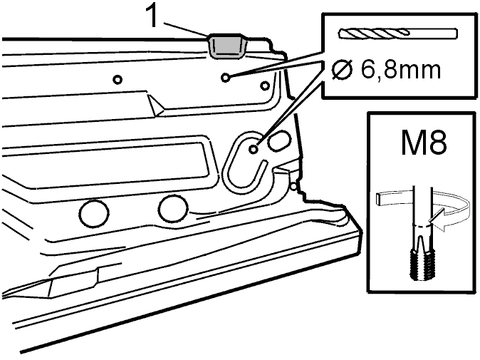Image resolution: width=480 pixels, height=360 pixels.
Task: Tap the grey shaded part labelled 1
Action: (227, 46)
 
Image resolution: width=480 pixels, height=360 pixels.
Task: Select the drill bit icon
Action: (398, 33)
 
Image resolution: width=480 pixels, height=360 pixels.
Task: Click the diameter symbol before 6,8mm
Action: (343, 70)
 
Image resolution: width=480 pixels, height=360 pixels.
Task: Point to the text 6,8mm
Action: (401, 71)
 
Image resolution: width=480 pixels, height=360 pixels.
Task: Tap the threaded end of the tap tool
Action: (422, 264)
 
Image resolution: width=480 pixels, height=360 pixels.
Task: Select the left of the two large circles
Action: (94, 214)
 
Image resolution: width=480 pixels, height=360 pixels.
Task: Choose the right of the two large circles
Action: (173, 210)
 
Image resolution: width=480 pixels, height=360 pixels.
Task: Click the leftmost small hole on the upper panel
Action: (118, 80)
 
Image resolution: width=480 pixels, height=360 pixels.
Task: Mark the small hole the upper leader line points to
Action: (226, 78)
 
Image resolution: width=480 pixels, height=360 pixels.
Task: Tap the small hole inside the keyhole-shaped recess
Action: (253, 150)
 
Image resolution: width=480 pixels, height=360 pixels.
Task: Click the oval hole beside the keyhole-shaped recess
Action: (278, 140)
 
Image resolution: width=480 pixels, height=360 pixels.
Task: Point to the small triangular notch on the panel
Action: (156, 106)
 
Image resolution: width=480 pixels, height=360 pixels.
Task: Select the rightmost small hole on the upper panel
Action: (264, 86)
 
